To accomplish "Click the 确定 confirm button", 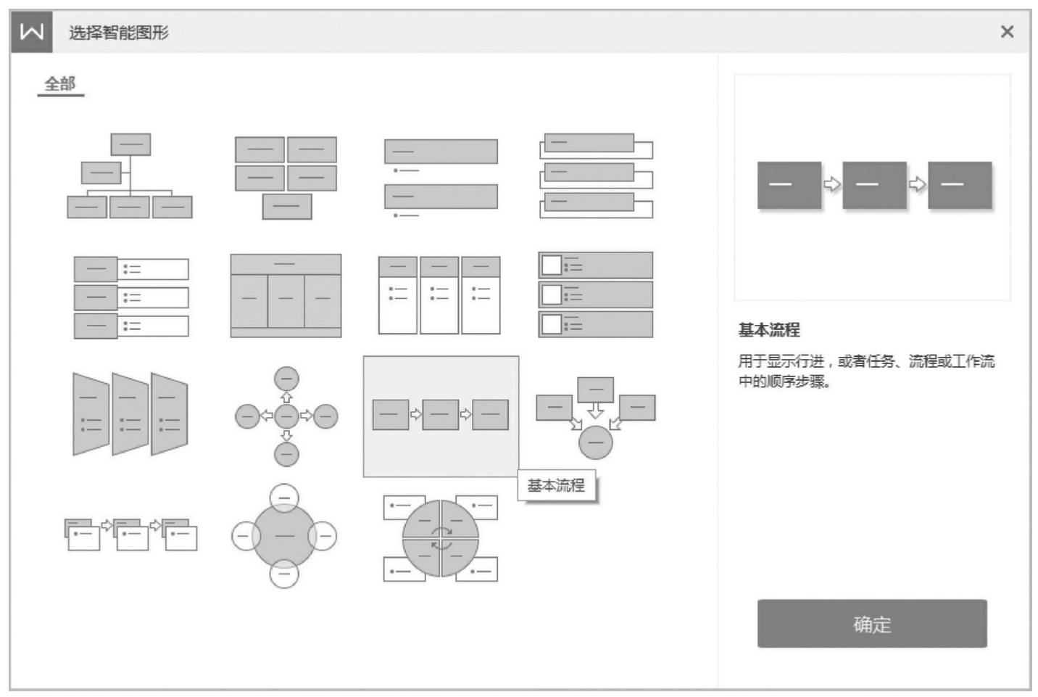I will (x=871, y=623).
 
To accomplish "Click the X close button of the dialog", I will (x=1006, y=32).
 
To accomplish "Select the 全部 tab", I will (x=60, y=84).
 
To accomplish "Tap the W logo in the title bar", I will (x=31, y=32).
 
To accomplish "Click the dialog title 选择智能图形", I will (x=119, y=33).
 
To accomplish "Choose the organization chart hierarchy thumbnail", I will (x=130, y=176).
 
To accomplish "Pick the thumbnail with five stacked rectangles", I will (x=286, y=177).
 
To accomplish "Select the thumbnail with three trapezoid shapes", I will (x=130, y=414).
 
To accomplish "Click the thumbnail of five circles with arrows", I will (x=286, y=416).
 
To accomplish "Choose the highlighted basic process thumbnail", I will (x=440, y=415).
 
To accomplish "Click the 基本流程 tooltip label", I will (x=556, y=485).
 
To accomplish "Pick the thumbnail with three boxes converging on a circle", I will (x=595, y=417).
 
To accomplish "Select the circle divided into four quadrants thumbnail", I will (x=440, y=538).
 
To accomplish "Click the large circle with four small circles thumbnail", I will (x=284, y=536).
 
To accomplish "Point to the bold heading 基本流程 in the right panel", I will (x=769, y=330).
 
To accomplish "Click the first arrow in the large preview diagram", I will (x=831, y=184).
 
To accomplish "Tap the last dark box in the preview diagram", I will (x=959, y=185).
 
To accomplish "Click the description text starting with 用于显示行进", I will (x=866, y=371).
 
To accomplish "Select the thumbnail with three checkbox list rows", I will (x=595, y=294).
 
